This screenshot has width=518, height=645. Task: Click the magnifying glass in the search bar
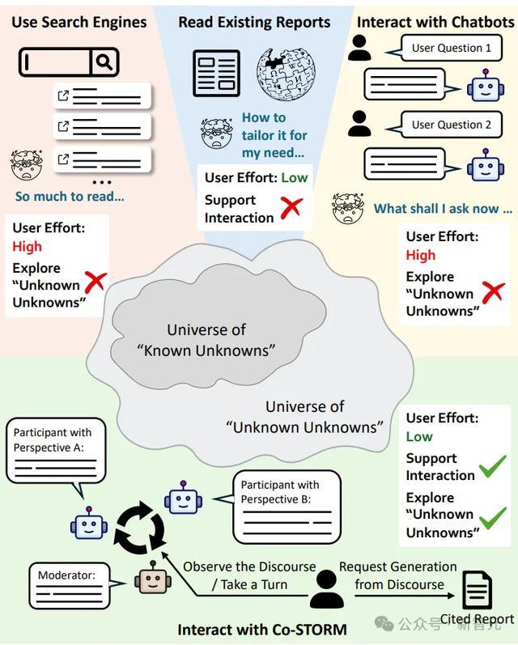point(104,62)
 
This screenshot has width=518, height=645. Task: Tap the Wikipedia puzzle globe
point(286,74)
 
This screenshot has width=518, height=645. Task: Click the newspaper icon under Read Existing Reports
point(216,73)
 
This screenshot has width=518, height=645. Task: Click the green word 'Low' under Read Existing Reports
point(294,178)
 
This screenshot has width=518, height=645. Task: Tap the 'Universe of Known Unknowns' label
point(206,340)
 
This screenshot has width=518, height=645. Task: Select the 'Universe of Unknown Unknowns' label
point(304,417)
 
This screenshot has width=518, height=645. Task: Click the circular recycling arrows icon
point(141,527)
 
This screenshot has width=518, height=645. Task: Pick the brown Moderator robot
point(153,577)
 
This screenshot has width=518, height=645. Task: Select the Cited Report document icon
point(478,590)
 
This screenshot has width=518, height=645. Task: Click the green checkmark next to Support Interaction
point(493,466)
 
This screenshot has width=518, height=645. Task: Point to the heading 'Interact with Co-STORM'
point(262,630)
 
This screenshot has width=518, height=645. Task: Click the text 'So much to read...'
point(70,196)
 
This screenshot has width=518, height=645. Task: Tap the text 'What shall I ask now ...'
point(443,209)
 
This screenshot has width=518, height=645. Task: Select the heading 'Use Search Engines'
point(79,22)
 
